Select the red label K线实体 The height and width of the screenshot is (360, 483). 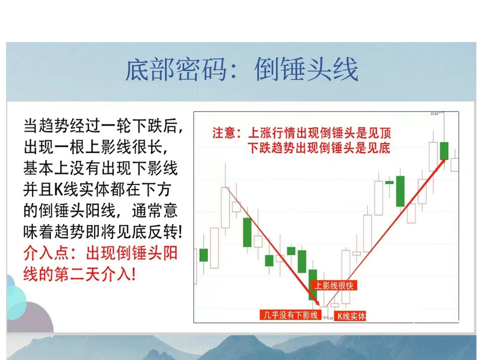pyautogui.click(x=351, y=316)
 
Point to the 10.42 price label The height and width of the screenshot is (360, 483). pyautogui.click(x=434, y=114)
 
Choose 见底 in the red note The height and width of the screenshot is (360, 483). pyautogui.click(x=379, y=148)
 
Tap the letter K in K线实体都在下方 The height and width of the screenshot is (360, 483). pyautogui.click(x=58, y=190)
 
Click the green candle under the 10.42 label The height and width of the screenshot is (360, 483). pyautogui.click(x=444, y=151)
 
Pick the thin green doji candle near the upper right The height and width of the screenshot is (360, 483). pyautogui.click(x=389, y=182)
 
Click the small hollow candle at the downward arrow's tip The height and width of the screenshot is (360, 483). pyautogui.click(x=323, y=307)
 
